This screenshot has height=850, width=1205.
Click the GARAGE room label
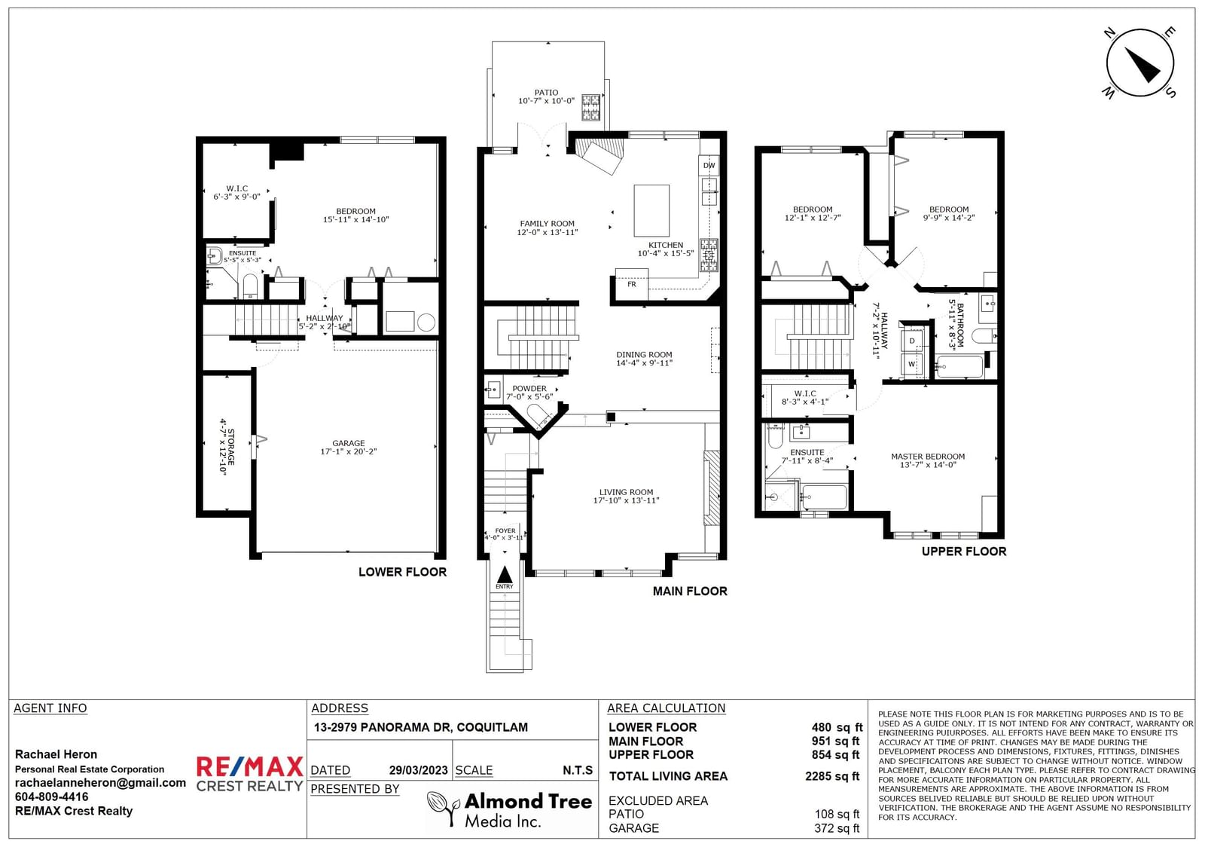[x=349, y=443]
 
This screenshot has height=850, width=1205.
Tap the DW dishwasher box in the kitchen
[x=709, y=165]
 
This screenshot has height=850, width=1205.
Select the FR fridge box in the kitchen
[x=632, y=283]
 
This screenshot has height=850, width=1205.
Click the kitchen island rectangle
[x=651, y=210]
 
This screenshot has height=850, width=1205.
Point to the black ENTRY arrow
[x=505, y=574]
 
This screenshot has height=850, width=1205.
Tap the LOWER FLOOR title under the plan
[x=402, y=572]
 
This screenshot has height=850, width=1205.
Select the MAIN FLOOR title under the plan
[x=690, y=591]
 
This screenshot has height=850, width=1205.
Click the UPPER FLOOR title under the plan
[x=963, y=552]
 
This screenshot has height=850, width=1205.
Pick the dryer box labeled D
[x=912, y=341]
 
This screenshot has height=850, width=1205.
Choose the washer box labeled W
[x=912, y=364]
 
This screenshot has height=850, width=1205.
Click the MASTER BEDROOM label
[x=928, y=457]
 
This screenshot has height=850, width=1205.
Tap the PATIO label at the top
[x=546, y=93]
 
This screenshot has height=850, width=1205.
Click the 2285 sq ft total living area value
[x=832, y=776]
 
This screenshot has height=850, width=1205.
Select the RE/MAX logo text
[x=249, y=766]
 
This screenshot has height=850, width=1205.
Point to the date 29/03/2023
[x=419, y=770]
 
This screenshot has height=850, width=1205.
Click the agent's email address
[x=101, y=783]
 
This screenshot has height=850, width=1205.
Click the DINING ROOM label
[x=644, y=355]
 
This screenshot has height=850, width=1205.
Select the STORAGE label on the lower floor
[x=231, y=447]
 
